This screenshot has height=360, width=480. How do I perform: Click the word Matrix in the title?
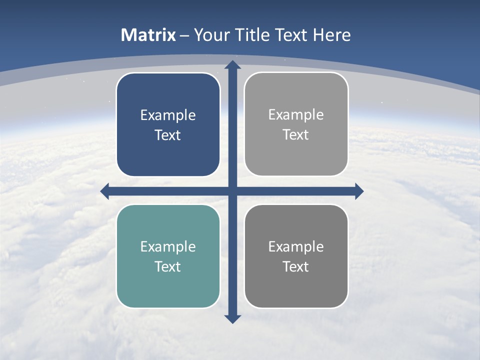coord(148,35)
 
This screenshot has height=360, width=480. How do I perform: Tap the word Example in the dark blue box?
coord(168,115)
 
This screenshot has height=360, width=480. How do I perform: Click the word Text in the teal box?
coord(168,266)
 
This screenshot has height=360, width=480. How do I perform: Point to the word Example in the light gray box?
coord(296,114)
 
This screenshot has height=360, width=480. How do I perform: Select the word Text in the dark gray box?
coord(296,266)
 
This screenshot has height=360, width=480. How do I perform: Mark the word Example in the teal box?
coord(168,246)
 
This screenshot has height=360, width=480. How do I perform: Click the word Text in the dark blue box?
coord(168,135)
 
